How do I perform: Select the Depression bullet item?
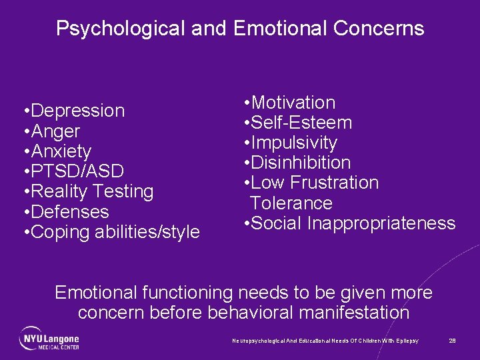click(x=77, y=111)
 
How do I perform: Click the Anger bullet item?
click(x=55, y=131)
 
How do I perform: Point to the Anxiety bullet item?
click(x=61, y=151)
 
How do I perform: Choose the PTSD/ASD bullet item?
click(x=77, y=171)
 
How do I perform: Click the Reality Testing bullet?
click(x=92, y=191)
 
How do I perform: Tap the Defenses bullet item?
click(x=69, y=212)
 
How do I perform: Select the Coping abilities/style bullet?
click(x=115, y=232)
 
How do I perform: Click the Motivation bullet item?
click(x=293, y=103)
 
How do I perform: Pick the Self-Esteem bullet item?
click(x=302, y=123)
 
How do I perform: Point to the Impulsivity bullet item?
click(x=295, y=143)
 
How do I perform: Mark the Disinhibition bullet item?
click(x=301, y=163)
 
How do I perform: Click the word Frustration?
click(x=335, y=183)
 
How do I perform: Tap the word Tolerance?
click(x=291, y=203)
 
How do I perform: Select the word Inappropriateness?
click(x=381, y=223)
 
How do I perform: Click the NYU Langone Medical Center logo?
click(x=49, y=338)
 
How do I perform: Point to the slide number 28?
click(x=452, y=341)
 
